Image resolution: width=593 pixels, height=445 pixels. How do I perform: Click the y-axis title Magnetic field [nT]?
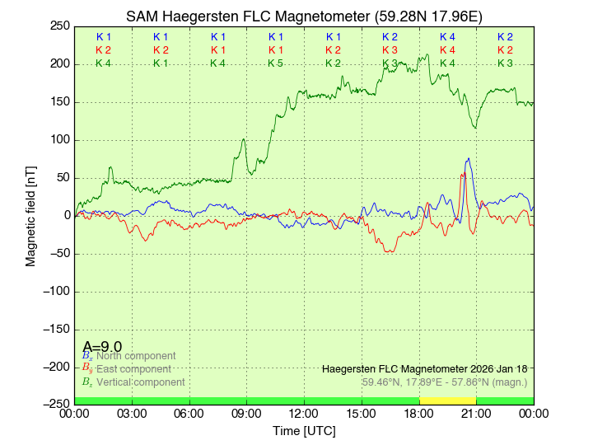31,214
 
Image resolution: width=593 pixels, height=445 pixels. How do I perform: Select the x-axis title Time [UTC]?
304,431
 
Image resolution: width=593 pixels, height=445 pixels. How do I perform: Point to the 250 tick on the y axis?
58,26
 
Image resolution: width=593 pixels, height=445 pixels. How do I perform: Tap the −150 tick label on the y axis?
54,329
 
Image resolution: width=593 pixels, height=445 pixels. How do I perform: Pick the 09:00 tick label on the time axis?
246,414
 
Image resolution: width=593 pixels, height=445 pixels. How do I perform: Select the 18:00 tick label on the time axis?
418,414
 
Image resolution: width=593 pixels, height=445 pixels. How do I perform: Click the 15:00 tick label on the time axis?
362,414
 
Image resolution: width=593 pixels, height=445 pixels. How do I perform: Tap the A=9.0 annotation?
102,347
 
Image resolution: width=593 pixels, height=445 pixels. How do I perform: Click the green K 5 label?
275,63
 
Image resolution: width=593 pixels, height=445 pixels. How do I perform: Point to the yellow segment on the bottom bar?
447,400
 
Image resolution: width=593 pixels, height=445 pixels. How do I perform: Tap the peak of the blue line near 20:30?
469,159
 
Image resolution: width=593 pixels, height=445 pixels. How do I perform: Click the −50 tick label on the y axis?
57,253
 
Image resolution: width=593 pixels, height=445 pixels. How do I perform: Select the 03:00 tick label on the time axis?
132,414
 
